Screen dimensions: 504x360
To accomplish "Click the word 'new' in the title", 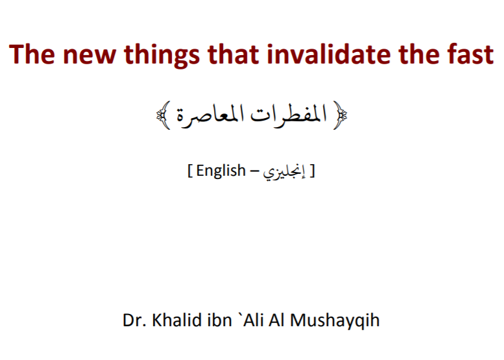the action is [x=89, y=55].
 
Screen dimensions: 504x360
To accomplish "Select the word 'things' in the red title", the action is [x=162, y=55].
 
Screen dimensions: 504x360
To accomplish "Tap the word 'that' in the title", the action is [x=233, y=54].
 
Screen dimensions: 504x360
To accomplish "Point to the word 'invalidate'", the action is [x=328, y=54].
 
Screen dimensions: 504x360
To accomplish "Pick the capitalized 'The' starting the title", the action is [x=32, y=54].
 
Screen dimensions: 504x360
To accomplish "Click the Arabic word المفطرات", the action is [x=289, y=115].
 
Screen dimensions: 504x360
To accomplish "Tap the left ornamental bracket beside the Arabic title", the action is [x=163, y=115].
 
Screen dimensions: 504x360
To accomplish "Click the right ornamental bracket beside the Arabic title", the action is [x=340, y=115].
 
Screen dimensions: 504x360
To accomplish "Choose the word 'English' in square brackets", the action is [x=221, y=171].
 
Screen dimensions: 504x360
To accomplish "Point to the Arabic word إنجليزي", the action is [x=284, y=173].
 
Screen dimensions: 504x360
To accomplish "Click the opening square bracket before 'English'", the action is [x=190, y=171].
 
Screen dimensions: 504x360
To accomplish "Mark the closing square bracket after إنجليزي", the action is [x=312, y=171].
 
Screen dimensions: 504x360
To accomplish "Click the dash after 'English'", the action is [x=254, y=172].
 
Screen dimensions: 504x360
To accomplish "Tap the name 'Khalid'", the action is [x=176, y=320].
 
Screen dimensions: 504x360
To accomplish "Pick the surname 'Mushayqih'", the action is [x=335, y=321].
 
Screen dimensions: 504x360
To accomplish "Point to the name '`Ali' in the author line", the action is [x=251, y=320].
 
